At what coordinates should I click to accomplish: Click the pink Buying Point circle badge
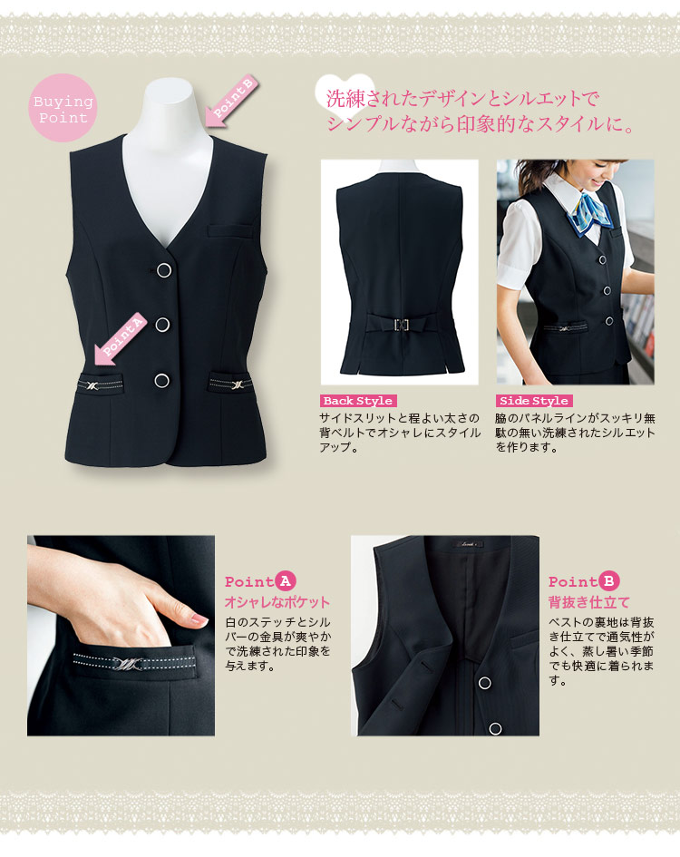tap(63, 108)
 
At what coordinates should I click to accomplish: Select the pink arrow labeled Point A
tap(121, 337)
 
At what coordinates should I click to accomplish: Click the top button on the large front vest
tap(164, 270)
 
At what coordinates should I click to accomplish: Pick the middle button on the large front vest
tap(162, 325)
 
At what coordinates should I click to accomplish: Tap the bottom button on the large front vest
tap(161, 380)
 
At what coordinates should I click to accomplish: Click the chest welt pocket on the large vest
tap(230, 230)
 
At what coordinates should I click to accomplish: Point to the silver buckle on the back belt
tap(402, 325)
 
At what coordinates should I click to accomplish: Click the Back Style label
tap(358, 401)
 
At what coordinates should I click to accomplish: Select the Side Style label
tap(534, 401)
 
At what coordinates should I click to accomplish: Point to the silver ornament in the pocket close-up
tap(127, 664)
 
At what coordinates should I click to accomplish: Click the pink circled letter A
tap(285, 581)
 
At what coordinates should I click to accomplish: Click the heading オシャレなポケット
tap(277, 602)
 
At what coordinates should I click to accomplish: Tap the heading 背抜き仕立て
tap(588, 602)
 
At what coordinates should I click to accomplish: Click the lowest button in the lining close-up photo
tap(495, 728)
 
